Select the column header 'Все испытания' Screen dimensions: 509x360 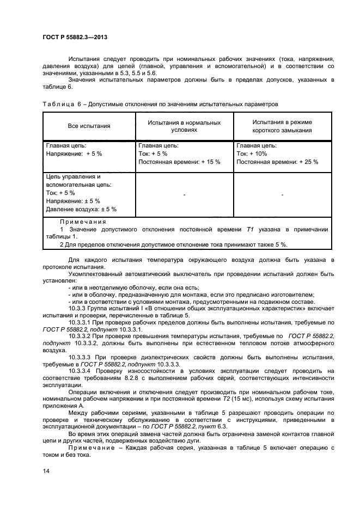click(x=89, y=126)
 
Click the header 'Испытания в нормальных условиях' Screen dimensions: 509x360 click(x=184, y=126)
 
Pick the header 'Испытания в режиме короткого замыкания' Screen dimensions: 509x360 click(x=282, y=126)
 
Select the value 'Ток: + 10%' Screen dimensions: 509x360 click(x=252, y=154)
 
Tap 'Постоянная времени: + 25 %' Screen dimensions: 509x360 click(x=277, y=162)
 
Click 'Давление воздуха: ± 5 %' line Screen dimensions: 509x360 click(x=81, y=209)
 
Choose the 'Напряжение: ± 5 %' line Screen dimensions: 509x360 click(x=73, y=201)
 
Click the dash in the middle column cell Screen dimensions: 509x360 click(x=184, y=194)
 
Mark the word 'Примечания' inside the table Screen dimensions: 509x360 click(x=83, y=222)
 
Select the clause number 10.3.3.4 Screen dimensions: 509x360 click(x=81, y=371)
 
